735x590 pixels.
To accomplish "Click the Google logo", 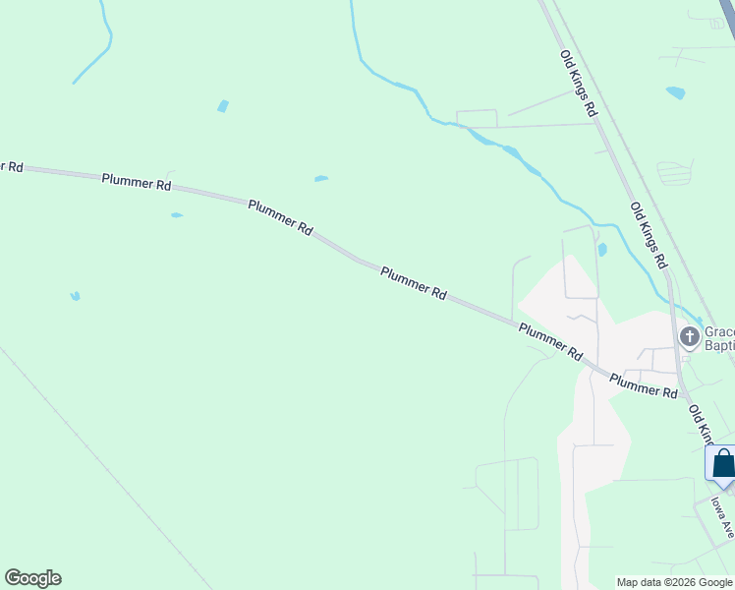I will tap(32, 578).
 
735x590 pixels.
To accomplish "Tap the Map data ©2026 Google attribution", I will tap(674, 582).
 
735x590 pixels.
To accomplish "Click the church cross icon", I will tap(689, 337).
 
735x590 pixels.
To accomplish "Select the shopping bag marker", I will tap(722, 463).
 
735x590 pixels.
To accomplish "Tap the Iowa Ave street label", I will tap(722, 515).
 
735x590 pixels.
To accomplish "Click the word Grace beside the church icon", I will tap(719, 331).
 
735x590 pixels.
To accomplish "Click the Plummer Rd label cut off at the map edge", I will tap(11, 165).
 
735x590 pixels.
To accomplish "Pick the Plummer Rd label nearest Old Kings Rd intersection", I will tap(644, 384).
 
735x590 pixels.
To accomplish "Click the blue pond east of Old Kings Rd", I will tap(675, 93).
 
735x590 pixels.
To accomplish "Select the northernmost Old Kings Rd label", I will tap(578, 84).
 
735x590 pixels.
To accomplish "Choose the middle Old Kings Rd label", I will tap(648, 236).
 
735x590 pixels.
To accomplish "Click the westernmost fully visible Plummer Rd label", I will tap(137, 182).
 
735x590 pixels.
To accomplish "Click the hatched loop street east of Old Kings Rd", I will tap(674, 173).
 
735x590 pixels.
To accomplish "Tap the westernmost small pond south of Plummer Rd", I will tap(75, 295).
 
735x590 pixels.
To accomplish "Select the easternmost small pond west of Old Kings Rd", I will tap(601, 250).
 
